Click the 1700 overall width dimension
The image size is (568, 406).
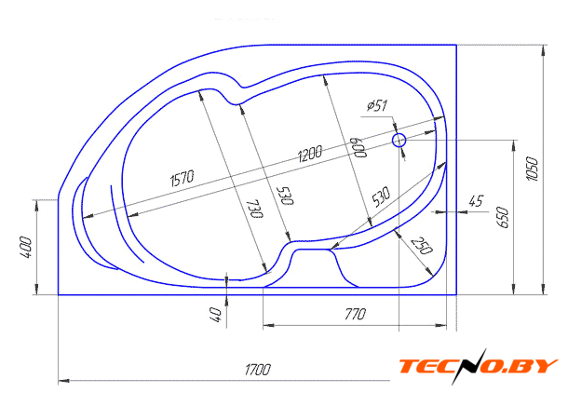click(x=258, y=370)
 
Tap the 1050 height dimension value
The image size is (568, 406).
click(x=533, y=169)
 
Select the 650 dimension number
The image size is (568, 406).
click(x=504, y=217)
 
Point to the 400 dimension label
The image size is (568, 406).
click(x=26, y=248)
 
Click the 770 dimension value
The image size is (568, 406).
click(x=355, y=314)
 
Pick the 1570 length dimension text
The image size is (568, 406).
click(x=183, y=178)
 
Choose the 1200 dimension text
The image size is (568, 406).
click(x=310, y=154)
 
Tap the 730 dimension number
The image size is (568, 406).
click(x=256, y=209)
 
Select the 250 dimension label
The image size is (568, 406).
click(x=422, y=246)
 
